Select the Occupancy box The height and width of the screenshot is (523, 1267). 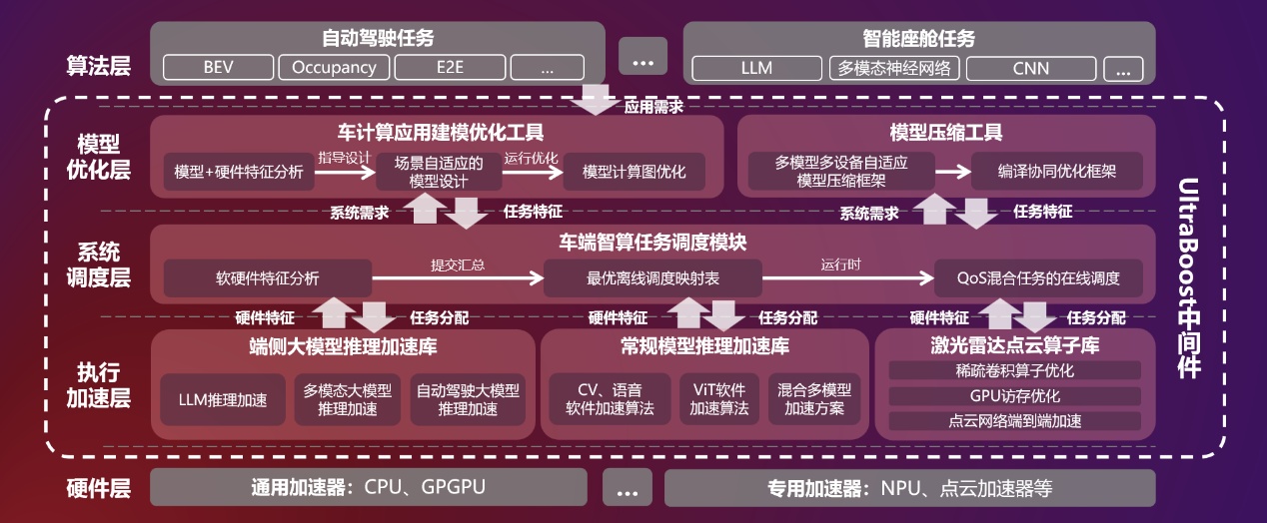[x=334, y=68]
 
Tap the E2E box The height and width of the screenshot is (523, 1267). [x=449, y=68]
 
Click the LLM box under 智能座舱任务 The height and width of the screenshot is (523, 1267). [x=756, y=69]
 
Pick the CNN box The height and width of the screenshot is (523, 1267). [x=1031, y=69]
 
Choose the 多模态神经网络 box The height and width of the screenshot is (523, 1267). [x=894, y=69]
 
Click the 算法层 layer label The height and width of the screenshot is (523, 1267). [x=99, y=67]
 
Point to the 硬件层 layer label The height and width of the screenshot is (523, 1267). [x=99, y=489]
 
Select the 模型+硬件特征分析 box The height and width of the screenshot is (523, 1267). [x=238, y=172]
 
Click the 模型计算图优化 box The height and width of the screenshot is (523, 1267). [x=633, y=172]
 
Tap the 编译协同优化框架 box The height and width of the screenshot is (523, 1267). [x=1056, y=172]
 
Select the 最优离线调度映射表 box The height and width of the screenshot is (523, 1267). [x=652, y=278]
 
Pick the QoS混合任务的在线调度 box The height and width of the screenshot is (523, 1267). [x=1037, y=278]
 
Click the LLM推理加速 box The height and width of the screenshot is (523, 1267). [x=223, y=400]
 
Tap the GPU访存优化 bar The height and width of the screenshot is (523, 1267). [x=1014, y=395]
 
